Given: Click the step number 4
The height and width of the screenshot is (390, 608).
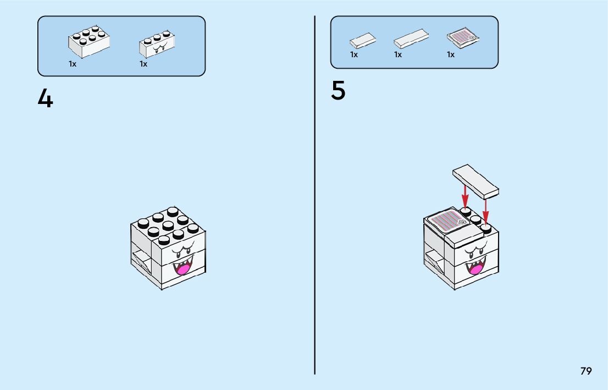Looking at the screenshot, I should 45,99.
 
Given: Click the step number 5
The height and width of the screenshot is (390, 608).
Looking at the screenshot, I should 338,91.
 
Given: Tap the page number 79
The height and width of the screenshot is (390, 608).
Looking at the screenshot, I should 586,371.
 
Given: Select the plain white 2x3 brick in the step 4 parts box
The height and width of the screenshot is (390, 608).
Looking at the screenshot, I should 89,42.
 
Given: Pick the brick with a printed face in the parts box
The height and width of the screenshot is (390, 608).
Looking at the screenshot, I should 157,45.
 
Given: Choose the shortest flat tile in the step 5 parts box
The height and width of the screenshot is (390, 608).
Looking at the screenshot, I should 363,41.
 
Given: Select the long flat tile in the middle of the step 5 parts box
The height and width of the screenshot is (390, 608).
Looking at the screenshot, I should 411,40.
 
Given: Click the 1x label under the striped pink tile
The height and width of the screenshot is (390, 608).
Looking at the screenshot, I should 451,54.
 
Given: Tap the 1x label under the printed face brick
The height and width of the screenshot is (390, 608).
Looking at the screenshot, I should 143,64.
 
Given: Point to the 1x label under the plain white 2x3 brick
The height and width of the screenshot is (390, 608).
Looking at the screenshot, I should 73,64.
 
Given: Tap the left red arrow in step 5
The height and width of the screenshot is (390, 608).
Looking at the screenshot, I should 465,196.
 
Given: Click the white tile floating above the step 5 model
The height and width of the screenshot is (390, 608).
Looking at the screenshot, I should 476,180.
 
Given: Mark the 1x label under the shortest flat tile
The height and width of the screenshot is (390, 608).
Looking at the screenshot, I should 354,54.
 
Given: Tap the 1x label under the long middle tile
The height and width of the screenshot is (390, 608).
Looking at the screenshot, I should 398,54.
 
